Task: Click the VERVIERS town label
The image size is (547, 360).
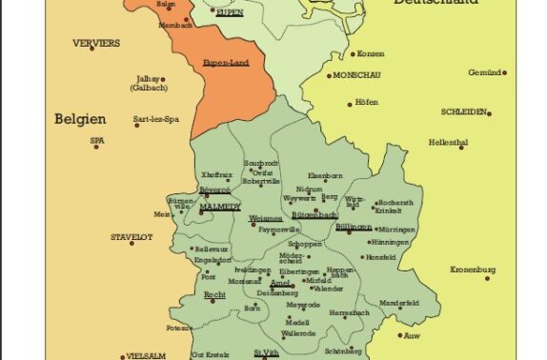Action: coord(96,43)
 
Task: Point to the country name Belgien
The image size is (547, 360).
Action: coord(80,120)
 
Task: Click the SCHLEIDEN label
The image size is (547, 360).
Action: coord(464,111)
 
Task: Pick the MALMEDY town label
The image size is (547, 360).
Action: coord(220,207)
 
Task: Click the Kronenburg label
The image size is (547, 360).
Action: coord(474,270)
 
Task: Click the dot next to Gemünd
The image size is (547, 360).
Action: coord(504,72)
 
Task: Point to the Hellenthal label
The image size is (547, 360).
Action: coord(448,143)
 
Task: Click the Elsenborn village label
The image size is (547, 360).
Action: coord(326,175)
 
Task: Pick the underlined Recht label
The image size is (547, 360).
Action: coord(214,295)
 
